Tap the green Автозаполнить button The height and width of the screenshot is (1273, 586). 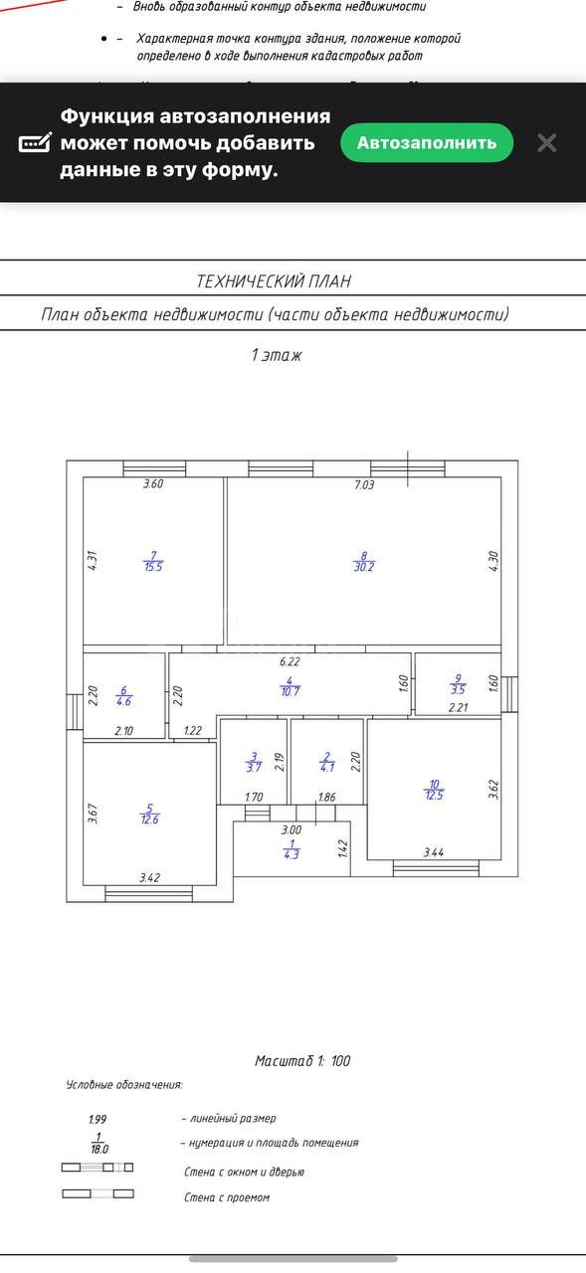(x=427, y=142)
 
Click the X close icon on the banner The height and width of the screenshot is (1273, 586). (x=547, y=142)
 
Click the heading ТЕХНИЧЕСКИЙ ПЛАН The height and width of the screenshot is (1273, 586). (x=274, y=281)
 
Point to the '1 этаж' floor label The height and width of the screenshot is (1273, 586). (x=277, y=355)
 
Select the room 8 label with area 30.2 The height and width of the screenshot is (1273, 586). (x=364, y=562)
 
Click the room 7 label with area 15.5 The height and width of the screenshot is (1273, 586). (x=153, y=561)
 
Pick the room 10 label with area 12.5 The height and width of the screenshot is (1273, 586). (x=434, y=790)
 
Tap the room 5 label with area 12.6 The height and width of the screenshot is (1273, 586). (x=150, y=814)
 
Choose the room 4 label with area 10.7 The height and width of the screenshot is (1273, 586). (x=290, y=686)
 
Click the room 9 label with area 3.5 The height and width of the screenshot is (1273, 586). (x=458, y=684)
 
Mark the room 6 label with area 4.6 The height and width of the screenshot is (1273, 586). (x=124, y=696)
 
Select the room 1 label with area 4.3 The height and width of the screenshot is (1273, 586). (x=292, y=849)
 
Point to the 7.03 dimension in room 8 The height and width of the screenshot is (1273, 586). (x=364, y=484)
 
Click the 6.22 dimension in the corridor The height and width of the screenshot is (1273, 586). (x=290, y=661)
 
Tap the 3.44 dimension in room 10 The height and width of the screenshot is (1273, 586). (x=434, y=852)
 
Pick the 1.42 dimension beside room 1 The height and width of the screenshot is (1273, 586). (x=342, y=849)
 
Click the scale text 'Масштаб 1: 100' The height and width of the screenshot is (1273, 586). (x=302, y=1060)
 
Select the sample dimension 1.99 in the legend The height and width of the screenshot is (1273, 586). (x=98, y=1119)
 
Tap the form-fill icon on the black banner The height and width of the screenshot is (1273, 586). (x=35, y=143)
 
